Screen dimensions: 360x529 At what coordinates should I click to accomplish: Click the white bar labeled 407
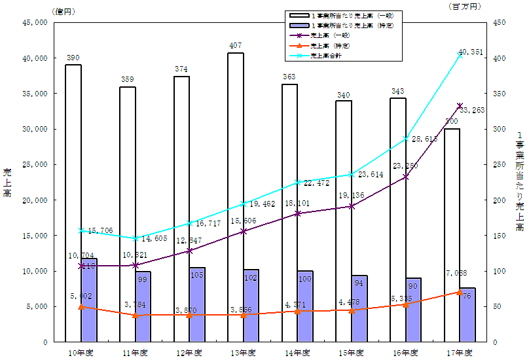pos(236,196)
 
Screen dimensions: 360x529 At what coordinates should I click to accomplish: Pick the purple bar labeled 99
pos(143,306)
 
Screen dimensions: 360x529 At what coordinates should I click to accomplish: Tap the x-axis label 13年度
pos(243,353)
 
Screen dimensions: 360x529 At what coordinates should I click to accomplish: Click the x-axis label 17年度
pos(459,353)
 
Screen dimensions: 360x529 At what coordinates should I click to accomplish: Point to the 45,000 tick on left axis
pos(34,23)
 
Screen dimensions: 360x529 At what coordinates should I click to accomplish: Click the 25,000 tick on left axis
pos(34,164)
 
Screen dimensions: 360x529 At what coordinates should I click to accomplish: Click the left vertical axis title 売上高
pos(9,182)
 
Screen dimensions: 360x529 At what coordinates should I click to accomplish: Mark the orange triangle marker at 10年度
pos(81,306)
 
